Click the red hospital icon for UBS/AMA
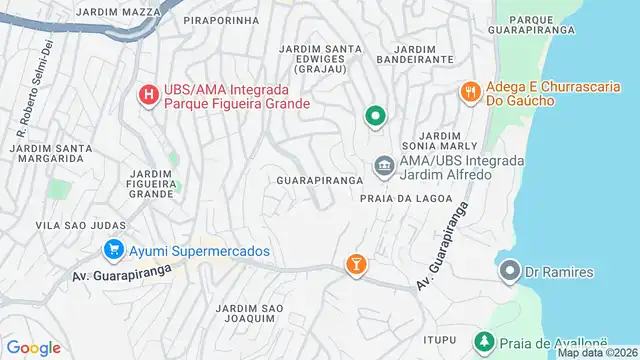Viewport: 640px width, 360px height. [148, 95]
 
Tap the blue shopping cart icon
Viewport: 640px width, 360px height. [113, 250]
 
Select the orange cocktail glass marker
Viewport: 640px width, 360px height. [356, 264]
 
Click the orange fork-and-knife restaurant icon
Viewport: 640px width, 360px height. [469, 92]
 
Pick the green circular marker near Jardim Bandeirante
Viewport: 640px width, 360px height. [375, 117]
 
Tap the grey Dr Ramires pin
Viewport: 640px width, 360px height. [510, 271]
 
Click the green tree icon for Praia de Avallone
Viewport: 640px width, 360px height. [484, 342]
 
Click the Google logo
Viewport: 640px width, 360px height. [34, 348]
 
